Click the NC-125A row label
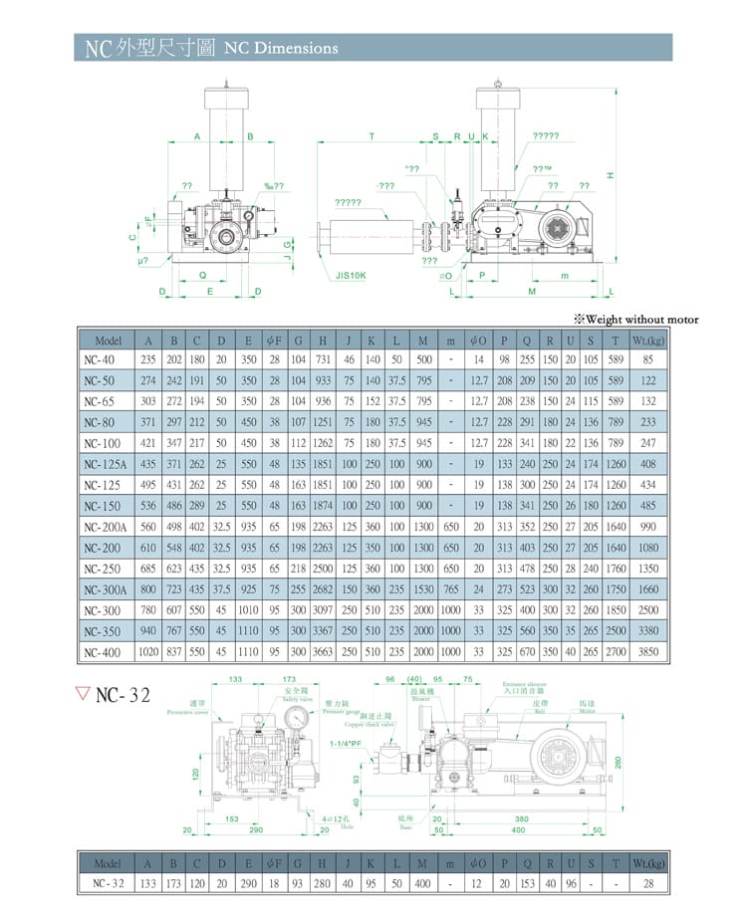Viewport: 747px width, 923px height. [x=104, y=463]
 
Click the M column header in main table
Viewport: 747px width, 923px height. [x=424, y=339]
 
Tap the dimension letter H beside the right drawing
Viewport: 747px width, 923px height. [x=612, y=176]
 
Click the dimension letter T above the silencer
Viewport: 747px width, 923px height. [x=372, y=135]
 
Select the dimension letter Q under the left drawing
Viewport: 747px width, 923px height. [x=203, y=275]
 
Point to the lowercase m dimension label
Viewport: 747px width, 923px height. [x=565, y=276]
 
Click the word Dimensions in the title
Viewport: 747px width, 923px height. [x=296, y=48]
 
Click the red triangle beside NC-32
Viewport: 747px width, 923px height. [x=84, y=694]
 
